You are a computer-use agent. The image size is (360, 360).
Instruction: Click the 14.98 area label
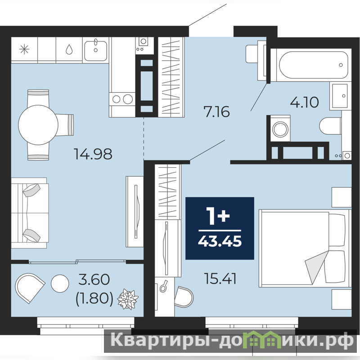(93, 154)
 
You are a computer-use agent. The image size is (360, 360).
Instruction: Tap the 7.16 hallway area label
(216, 112)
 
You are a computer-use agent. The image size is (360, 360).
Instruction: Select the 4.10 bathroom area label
(305, 102)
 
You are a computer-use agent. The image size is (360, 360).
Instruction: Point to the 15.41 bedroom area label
(220, 279)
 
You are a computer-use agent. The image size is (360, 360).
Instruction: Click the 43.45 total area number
(220, 242)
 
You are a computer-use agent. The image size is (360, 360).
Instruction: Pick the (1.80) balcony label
(94, 299)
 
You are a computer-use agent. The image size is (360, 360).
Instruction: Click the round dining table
(38, 125)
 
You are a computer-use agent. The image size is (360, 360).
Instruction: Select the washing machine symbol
(280, 129)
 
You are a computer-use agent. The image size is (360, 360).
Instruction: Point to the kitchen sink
(95, 50)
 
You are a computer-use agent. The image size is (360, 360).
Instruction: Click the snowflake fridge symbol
(24, 49)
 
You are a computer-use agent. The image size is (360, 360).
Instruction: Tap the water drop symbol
(69, 49)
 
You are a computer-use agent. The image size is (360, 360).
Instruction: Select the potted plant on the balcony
(128, 299)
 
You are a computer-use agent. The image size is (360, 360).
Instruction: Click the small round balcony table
(60, 283)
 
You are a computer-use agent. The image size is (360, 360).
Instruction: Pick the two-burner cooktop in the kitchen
(121, 99)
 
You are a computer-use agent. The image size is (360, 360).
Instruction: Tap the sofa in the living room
(29, 213)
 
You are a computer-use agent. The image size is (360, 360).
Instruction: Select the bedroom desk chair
(184, 297)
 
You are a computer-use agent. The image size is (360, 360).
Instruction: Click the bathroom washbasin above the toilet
(339, 96)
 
